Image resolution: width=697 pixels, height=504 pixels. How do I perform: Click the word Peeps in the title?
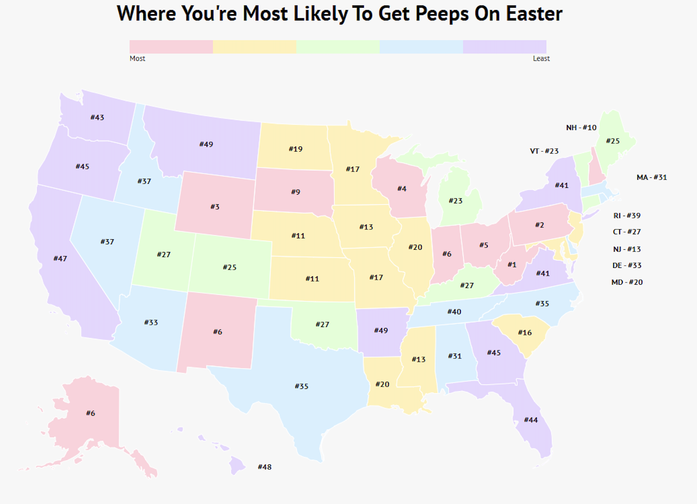click(441, 14)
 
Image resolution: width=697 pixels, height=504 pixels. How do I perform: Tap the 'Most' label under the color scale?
click(137, 59)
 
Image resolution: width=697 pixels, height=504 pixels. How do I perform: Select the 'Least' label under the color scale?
click(541, 59)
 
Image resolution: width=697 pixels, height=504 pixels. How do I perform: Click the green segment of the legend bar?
click(338, 47)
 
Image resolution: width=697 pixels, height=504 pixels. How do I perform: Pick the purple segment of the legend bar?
click(505, 47)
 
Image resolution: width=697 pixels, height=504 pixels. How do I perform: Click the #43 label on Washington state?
click(97, 117)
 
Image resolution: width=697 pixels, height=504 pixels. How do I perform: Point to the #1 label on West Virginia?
click(512, 265)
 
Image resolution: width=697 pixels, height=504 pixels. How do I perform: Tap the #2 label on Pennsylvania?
click(540, 225)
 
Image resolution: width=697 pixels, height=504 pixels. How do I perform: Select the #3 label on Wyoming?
click(215, 207)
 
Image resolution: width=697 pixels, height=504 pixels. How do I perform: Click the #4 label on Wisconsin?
click(402, 189)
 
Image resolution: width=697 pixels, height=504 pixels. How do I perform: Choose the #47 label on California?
click(60, 259)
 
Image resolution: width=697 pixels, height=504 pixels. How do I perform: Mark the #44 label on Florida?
click(531, 420)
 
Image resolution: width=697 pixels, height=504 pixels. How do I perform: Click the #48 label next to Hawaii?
click(265, 467)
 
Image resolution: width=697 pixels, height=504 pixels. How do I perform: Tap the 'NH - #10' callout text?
click(581, 128)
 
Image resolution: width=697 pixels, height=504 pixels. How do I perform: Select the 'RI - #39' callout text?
click(626, 216)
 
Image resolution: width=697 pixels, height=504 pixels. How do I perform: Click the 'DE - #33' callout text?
click(626, 266)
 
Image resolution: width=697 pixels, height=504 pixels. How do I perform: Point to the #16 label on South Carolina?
click(525, 333)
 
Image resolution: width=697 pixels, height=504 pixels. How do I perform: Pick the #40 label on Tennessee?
click(454, 312)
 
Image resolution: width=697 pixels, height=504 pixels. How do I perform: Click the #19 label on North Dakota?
click(296, 149)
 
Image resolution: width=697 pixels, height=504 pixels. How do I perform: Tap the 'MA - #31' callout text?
click(652, 177)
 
